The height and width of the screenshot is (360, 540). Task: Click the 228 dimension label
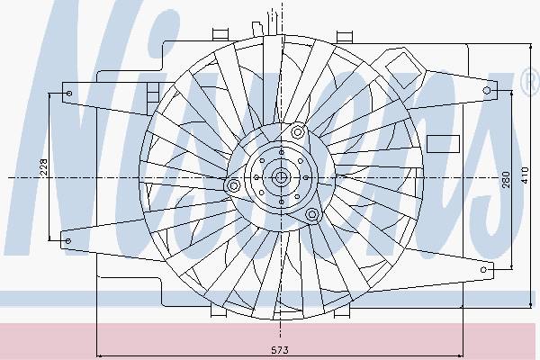[x=44, y=167]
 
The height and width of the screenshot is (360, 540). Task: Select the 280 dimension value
[x=506, y=178]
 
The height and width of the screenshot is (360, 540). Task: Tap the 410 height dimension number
[x=525, y=175]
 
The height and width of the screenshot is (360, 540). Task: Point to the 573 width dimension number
[x=279, y=350]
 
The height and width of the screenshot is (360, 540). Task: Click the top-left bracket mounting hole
[x=69, y=93]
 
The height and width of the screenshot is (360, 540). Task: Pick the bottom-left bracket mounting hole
[x=67, y=240]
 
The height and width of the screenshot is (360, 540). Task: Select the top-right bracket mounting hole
[x=487, y=91]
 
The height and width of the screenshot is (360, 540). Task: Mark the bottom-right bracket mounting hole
[x=484, y=269]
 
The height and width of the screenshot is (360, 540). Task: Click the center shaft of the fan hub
[x=281, y=177]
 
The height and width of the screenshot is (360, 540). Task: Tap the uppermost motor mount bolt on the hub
[x=298, y=131]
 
